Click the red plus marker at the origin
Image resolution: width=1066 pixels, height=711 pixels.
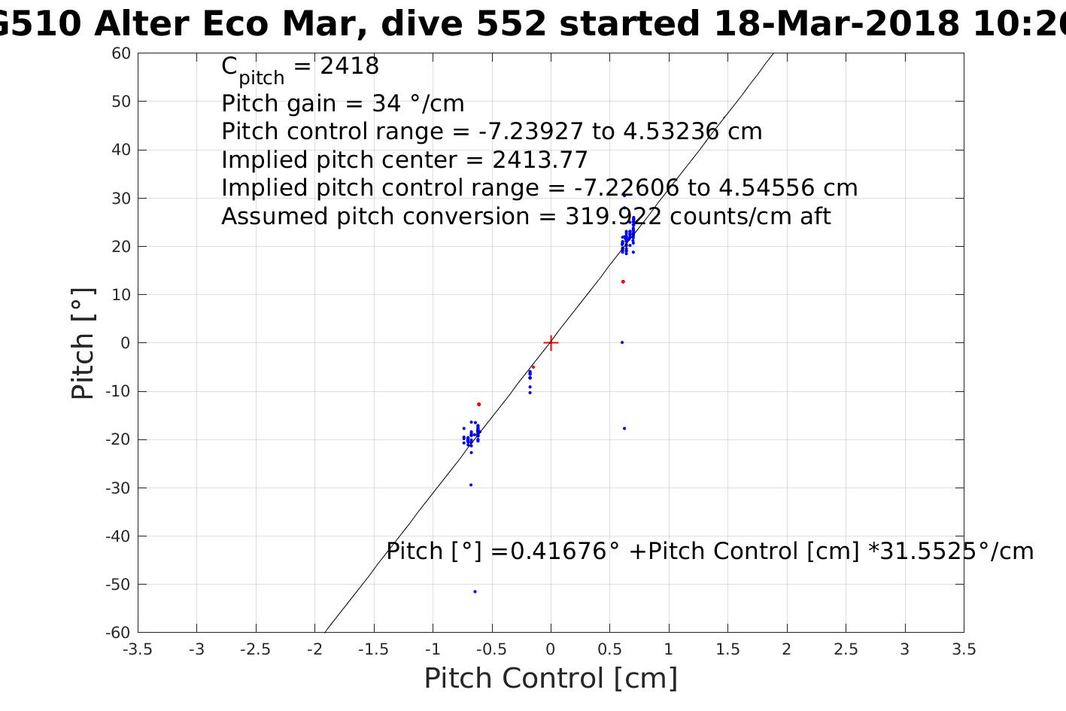pyautogui.click(x=551, y=343)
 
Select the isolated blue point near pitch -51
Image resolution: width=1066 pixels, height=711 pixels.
pyautogui.click(x=475, y=591)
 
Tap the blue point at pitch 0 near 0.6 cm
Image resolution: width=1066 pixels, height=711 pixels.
pyautogui.click(x=622, y=342)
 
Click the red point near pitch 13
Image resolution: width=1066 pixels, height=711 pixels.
pyautogui.click(x=623, y=281)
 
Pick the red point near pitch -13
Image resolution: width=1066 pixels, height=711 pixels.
pyautogui.click(x=478, y=404)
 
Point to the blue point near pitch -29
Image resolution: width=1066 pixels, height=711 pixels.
pyautogui.click(x=471, y=485)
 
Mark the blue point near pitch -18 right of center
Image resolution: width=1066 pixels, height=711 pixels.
pyautogui.click(x=624, y=428)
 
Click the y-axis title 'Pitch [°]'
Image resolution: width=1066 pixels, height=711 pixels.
pyautogui.click(x=83, y=343)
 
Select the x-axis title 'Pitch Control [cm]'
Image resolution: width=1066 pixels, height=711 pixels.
pyautogui.click(x=551, y=679)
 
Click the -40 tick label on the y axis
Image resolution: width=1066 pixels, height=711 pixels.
pyautogui.click(x=120, y=536)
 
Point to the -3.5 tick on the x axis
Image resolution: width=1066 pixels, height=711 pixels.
pyautogui.click(x=138, y=649)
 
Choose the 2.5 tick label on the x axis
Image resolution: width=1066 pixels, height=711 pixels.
pyautogui.click(x=846, y=649)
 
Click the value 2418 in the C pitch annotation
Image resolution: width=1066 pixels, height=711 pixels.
pyautogui.click(x=350, y=66)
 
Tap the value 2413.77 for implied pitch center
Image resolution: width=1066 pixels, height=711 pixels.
pyautogui.click(x=540, y=160)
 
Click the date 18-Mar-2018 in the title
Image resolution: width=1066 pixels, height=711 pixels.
pyautogui.click(x=836, y=25)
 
